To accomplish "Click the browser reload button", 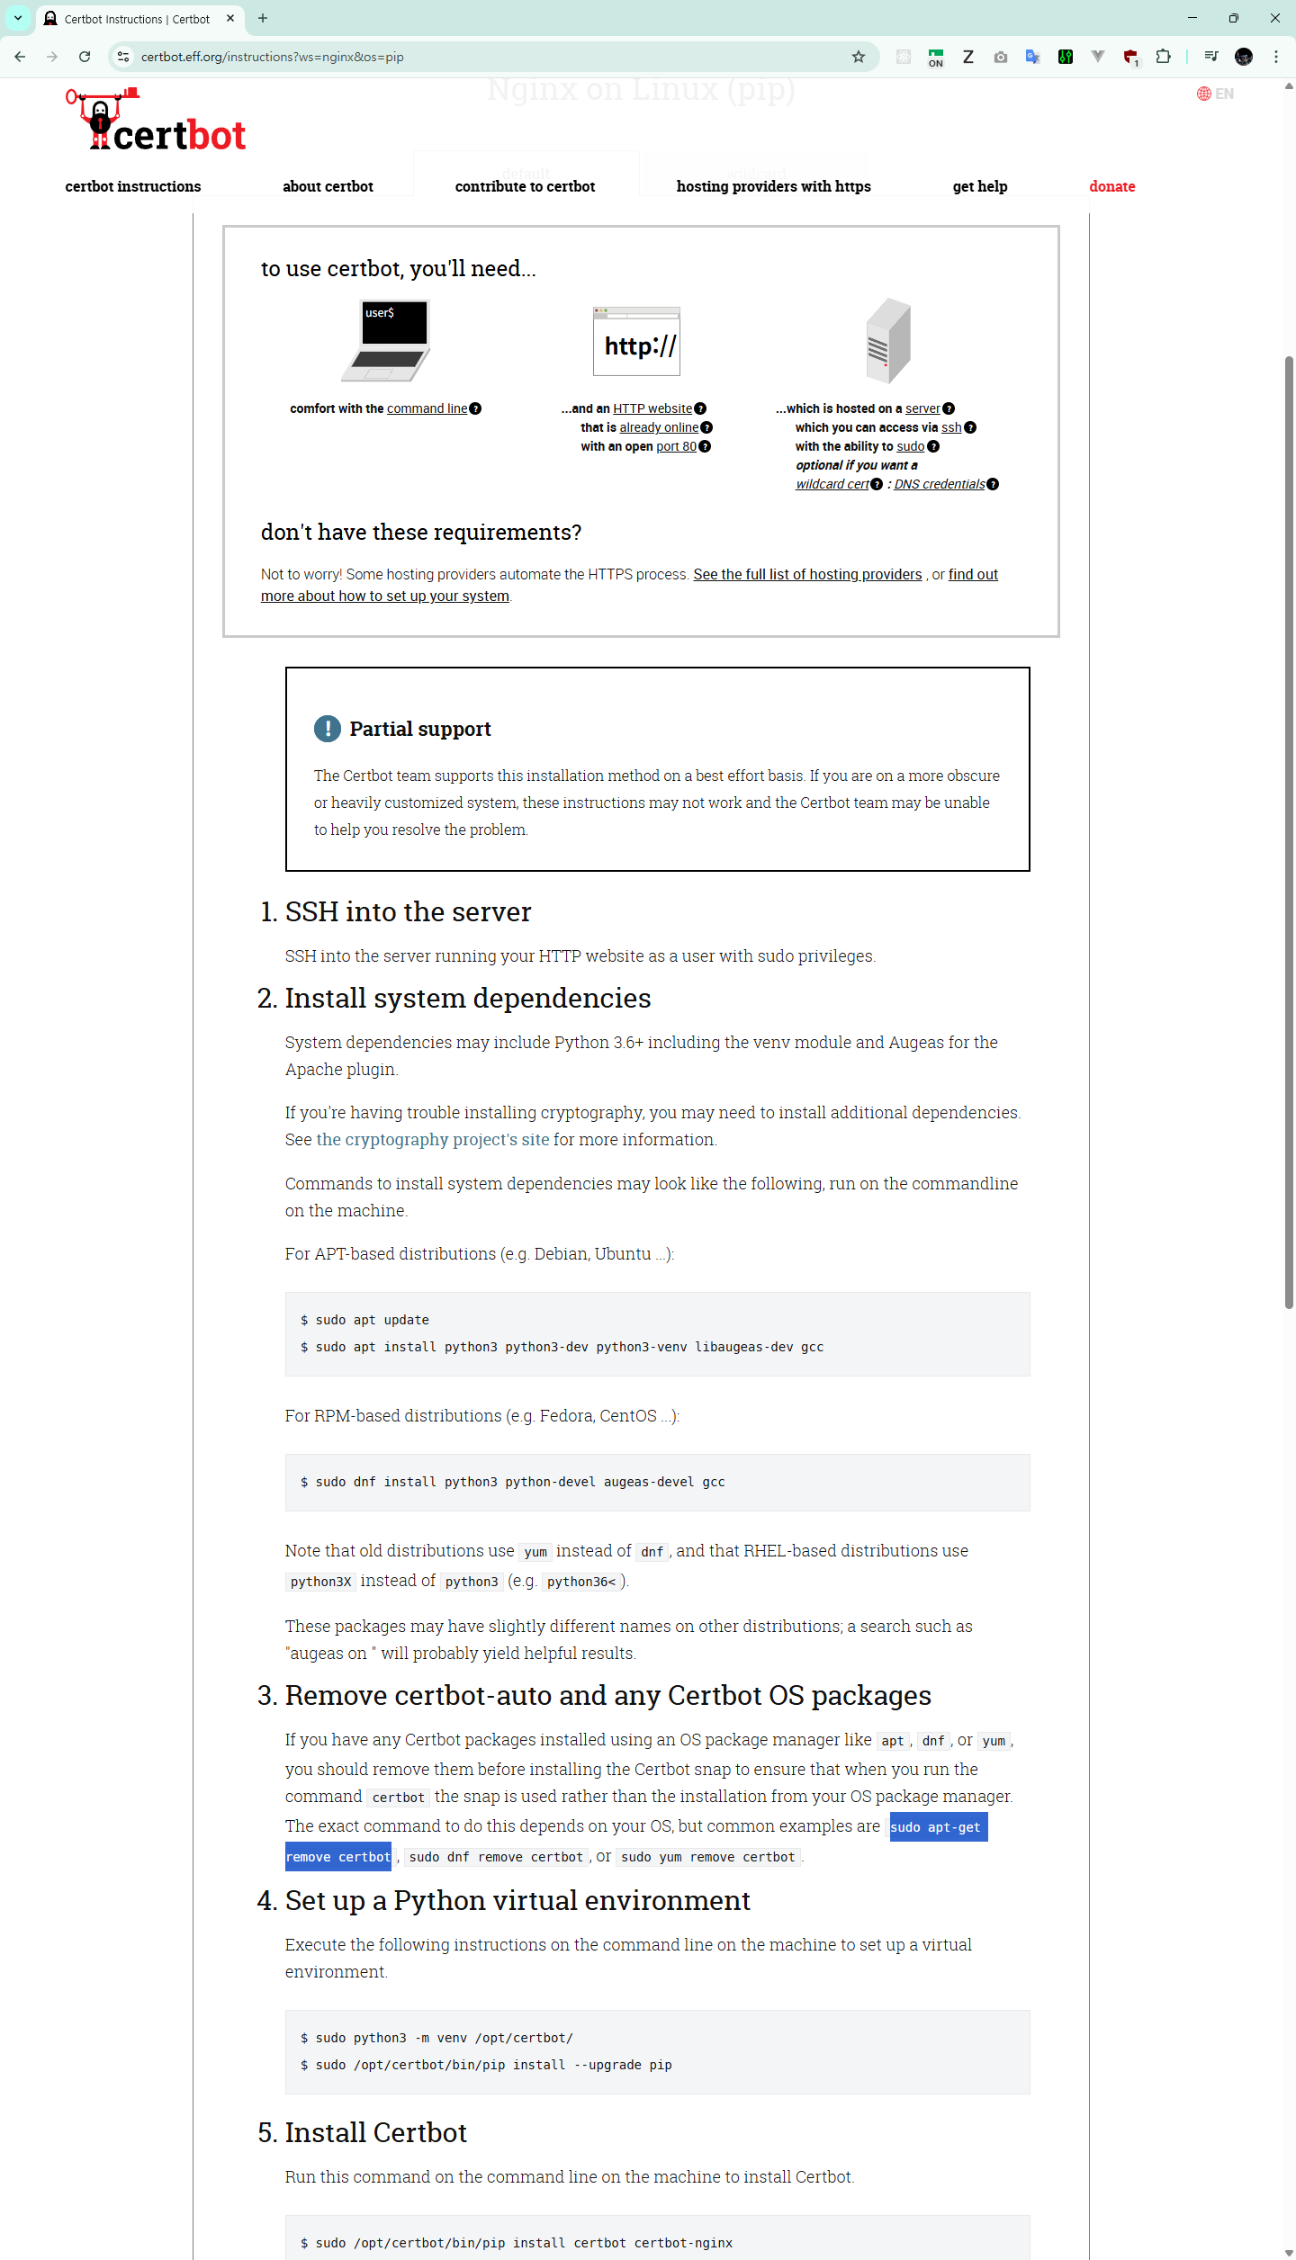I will tap(85, 57).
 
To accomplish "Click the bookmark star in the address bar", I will tap(859, 57).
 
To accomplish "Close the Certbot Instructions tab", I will tap(230, 18).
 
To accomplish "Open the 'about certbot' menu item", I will tap(328, 186).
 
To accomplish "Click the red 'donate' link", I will tap(1111, 186).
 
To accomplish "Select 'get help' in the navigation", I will tap(979, 186).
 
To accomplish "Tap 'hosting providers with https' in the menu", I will tap(773, 186).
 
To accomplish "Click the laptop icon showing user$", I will tap(387, 341).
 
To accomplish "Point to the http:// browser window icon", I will tap(636, 342).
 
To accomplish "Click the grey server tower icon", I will tap(888, 340).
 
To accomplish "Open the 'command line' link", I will tap(427, 408).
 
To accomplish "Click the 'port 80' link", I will tap(676, 446).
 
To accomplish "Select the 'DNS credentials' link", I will tap(939, 484).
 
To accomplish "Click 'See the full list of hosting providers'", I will tap(807, 575).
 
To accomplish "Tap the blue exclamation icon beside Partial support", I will tap(328, 729).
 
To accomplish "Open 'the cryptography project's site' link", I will tap(432, 1140).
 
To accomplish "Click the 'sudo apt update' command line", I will tap(372, 1320).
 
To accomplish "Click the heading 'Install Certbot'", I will tap(375, 2133).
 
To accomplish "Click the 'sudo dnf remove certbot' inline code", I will tap(496, 1857).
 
